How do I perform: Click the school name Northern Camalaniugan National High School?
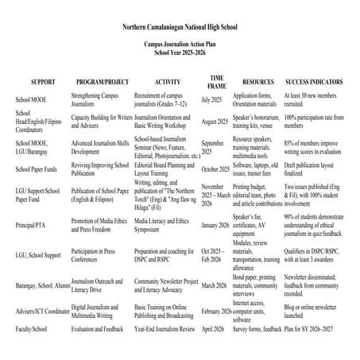[180, 26]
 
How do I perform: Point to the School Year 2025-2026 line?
[180, 56]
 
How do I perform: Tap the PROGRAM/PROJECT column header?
[101, 83]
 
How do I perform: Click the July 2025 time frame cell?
[211, 100]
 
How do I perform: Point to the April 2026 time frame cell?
[213, 327]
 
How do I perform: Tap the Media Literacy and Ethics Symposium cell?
[163, 228]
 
